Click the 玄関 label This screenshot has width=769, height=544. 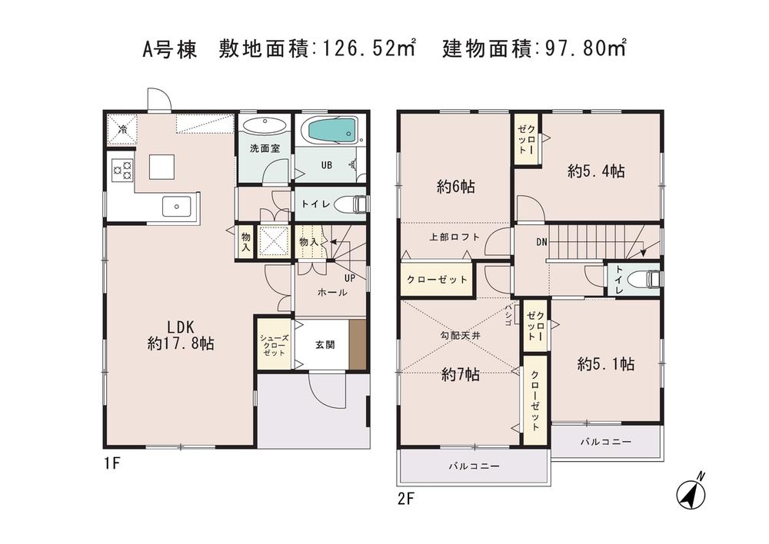point(324,345)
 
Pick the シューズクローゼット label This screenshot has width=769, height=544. point(273,345)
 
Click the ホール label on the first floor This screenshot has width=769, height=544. point(331,293)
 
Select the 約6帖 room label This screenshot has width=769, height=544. point(455,186)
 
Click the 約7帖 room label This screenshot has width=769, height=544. point(460,375)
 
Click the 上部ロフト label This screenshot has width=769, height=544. point(454,237)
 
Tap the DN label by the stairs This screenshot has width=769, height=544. point(541,242)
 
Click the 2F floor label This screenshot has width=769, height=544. point(406,498)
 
